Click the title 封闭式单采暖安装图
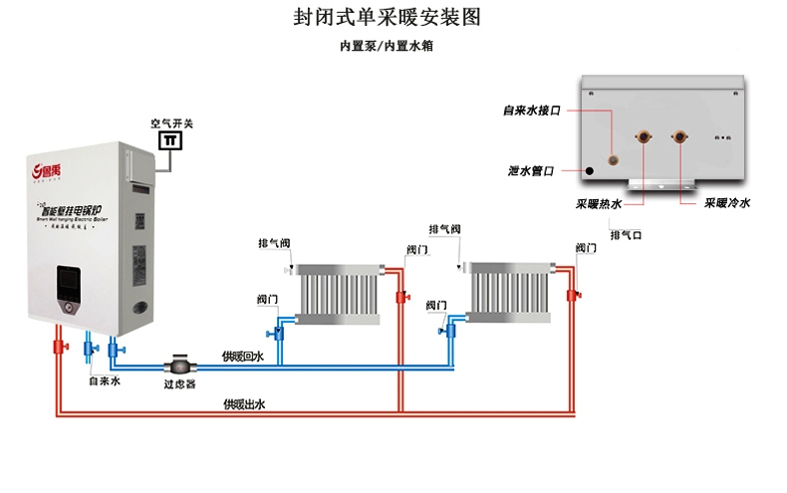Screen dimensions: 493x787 pos(393,18)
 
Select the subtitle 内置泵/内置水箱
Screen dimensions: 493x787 pos(393,46)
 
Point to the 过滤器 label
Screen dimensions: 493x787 pos(179,382)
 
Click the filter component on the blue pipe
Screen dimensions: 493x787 pos(180,364)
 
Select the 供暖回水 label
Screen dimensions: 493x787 pos(243,357)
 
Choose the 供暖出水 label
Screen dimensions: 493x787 pos(244,404)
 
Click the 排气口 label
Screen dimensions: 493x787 pos(626,235)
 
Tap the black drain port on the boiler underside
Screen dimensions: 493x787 pos(590,171)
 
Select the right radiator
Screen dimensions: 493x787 pos(509,292)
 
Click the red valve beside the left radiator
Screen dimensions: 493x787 pos(401,297)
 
